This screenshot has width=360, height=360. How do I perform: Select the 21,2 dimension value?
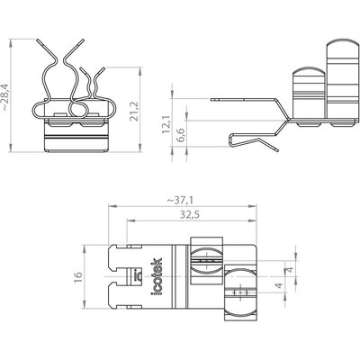coord(134,112)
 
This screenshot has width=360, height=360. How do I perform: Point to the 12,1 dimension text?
coord(166,124)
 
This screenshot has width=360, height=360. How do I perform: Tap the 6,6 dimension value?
coord(181,136)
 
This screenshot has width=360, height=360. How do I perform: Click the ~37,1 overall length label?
coord(180,200)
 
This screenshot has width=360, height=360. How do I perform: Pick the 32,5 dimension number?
coord(190,215)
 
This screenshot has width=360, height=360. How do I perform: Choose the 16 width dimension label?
coord(77,276)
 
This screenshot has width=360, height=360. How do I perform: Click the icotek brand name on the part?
coord(157,276)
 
